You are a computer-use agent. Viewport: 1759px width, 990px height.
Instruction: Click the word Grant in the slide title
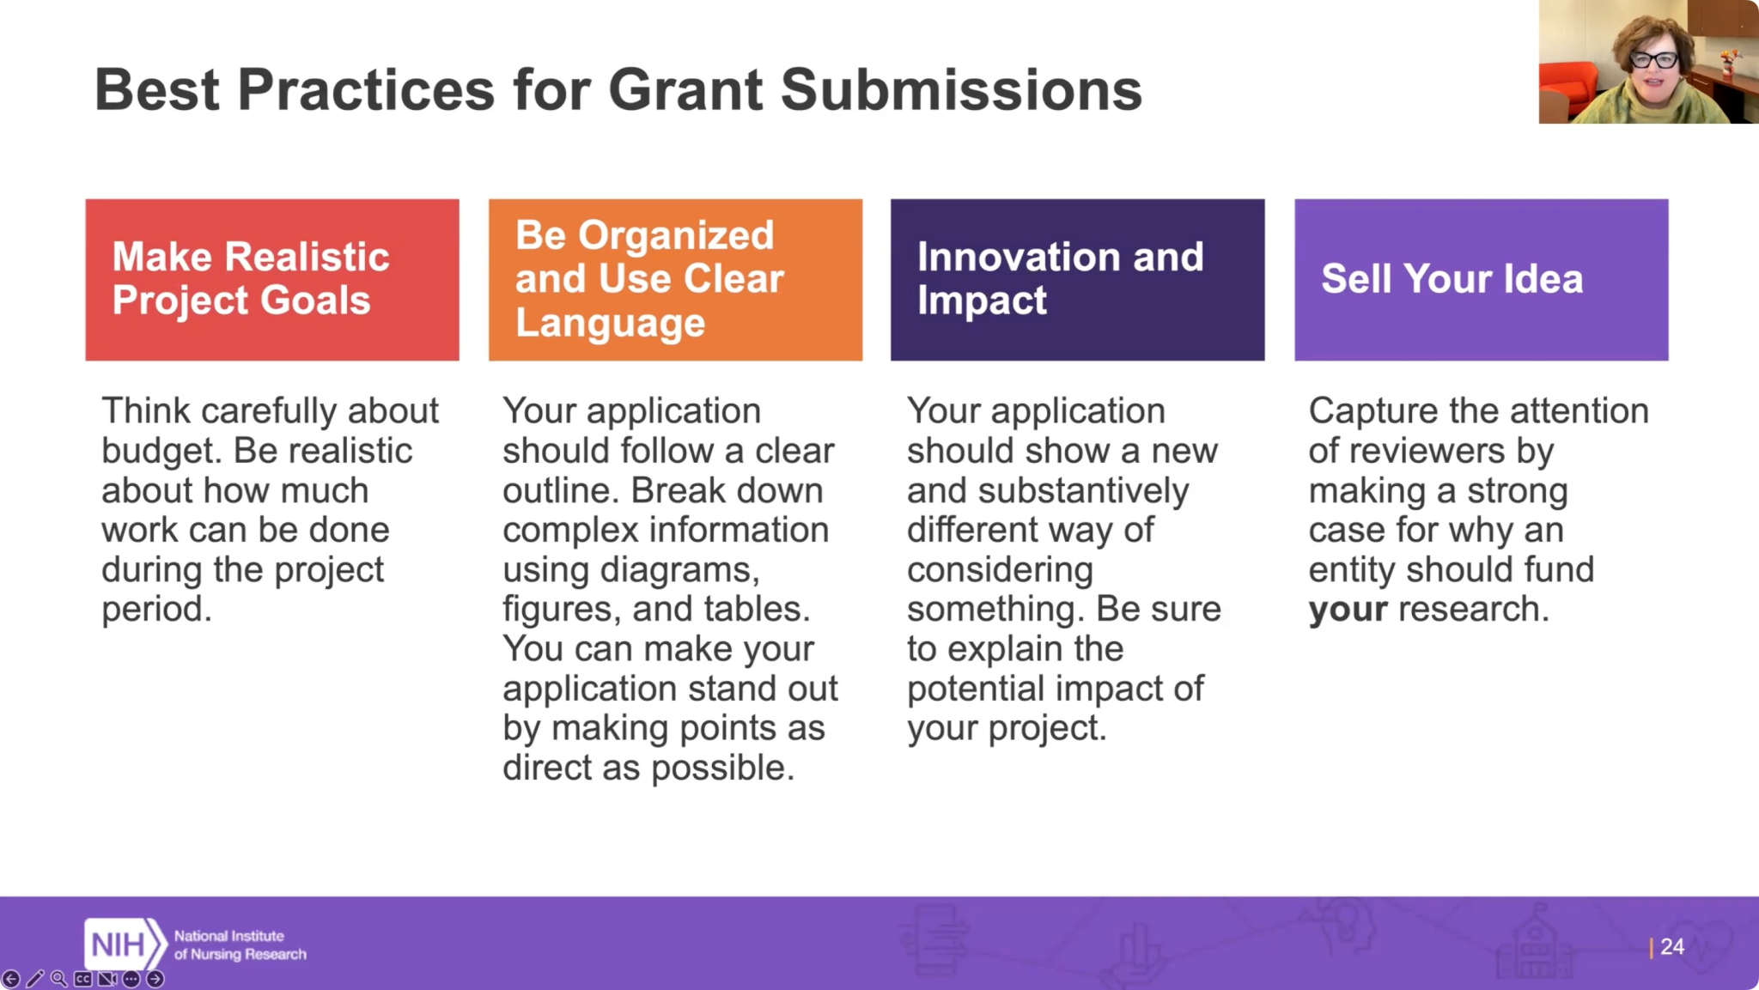685,89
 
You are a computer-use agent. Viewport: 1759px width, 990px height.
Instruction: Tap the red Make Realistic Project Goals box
272,280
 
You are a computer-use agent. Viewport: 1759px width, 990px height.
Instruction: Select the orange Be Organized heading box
675,280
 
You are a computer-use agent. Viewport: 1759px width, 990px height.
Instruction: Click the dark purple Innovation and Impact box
1077,280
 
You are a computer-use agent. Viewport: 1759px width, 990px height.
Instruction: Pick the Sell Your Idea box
1482,280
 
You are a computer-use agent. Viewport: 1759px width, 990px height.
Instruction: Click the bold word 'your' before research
1348,610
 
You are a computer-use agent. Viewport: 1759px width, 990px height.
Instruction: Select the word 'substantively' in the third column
1083,491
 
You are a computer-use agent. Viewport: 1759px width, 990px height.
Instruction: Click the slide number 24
1671,947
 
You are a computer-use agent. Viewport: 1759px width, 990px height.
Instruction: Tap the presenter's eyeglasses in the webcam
1653,60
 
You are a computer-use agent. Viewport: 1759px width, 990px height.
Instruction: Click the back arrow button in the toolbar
11,979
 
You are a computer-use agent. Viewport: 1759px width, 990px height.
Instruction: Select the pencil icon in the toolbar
35,979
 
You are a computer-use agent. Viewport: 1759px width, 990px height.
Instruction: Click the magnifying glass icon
59,979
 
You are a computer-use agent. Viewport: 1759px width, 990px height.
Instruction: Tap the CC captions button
83,979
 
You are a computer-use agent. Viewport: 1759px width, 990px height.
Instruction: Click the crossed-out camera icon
107,979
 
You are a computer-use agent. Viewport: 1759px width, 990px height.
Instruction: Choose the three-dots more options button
131,979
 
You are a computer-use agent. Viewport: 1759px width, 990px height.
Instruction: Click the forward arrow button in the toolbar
155,979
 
